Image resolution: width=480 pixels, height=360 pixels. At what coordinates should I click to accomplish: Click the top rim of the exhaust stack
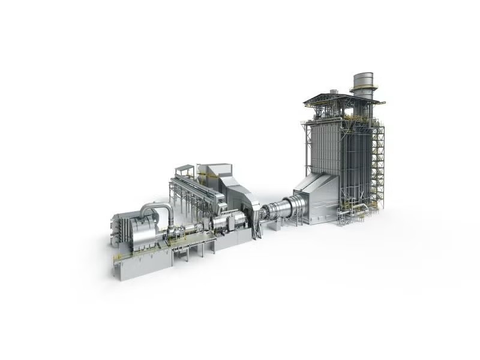[x=362, y=75]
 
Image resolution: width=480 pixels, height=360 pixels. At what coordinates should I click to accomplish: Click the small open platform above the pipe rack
[x=183, y=170]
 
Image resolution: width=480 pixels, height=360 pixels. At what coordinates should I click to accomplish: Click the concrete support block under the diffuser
[x=277, y=224]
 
